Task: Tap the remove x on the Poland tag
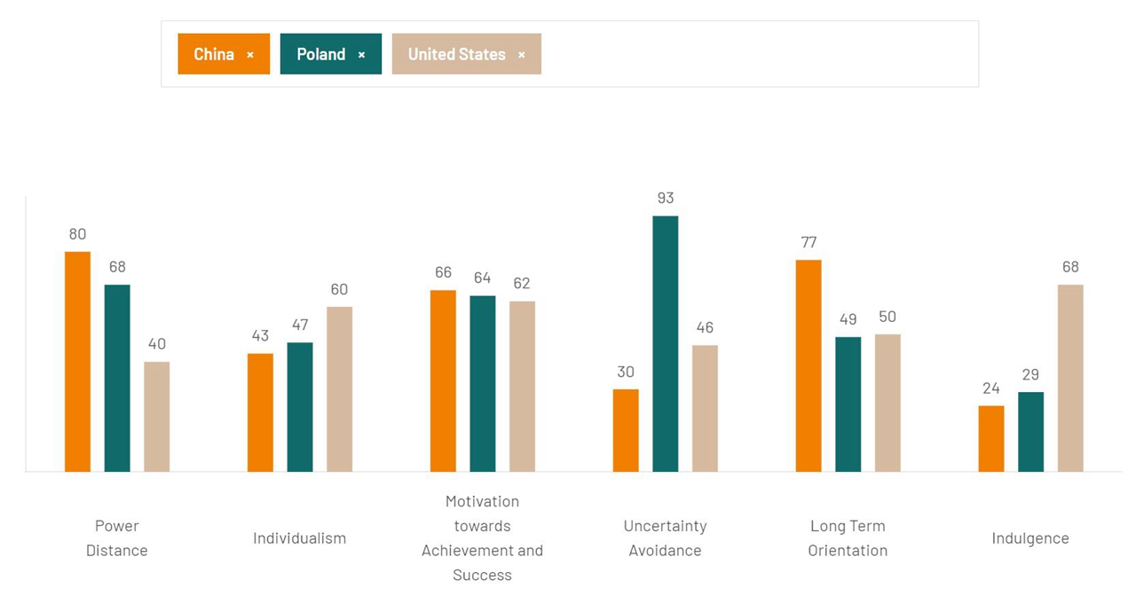[x=361, y=55]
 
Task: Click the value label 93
[x=666, y=198]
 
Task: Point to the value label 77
[x=809, y=242]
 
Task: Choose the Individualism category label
[x=300, y=538]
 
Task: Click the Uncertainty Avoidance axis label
[x=666, y=538]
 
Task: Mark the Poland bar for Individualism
[x=300, y=407]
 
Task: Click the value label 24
[x=991, y=388]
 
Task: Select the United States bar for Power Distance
[x=157, y=416]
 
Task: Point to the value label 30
[x=626, y=372]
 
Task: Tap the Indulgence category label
[x=1030, y=538]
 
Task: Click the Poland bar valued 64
[x=483, y=383]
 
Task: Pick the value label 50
[x=887, y=317]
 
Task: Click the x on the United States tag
[x=522, y=55]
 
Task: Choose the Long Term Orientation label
[x=848, y=538]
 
